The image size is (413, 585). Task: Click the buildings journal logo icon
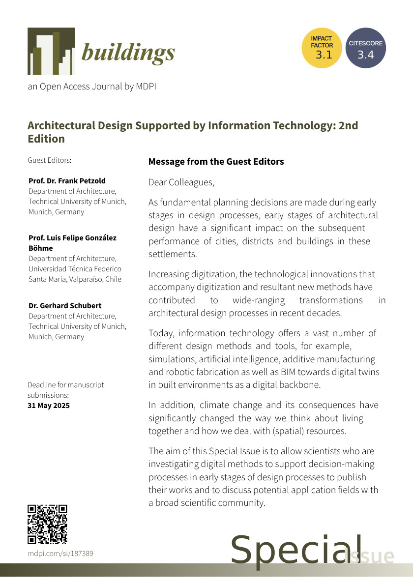coord(51,51)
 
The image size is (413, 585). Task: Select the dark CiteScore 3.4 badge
coord(365,48)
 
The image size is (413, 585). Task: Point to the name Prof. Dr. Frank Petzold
coord(67,180)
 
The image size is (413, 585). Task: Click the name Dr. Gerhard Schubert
coord(65,306)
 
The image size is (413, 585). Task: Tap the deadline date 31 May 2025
coord(49,406)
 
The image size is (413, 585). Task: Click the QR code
coord(47,524)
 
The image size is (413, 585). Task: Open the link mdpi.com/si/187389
coord(60,554)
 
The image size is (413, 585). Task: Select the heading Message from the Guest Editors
coord(216,162)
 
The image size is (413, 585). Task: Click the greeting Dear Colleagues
coord(181,182)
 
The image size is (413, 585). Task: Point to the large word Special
coord(296,550)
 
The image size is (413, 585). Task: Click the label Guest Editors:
coord(50,160)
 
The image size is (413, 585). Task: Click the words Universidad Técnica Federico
coord(75,269)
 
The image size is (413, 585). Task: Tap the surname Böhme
coord(41,248)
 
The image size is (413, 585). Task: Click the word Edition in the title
coord(46,139)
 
